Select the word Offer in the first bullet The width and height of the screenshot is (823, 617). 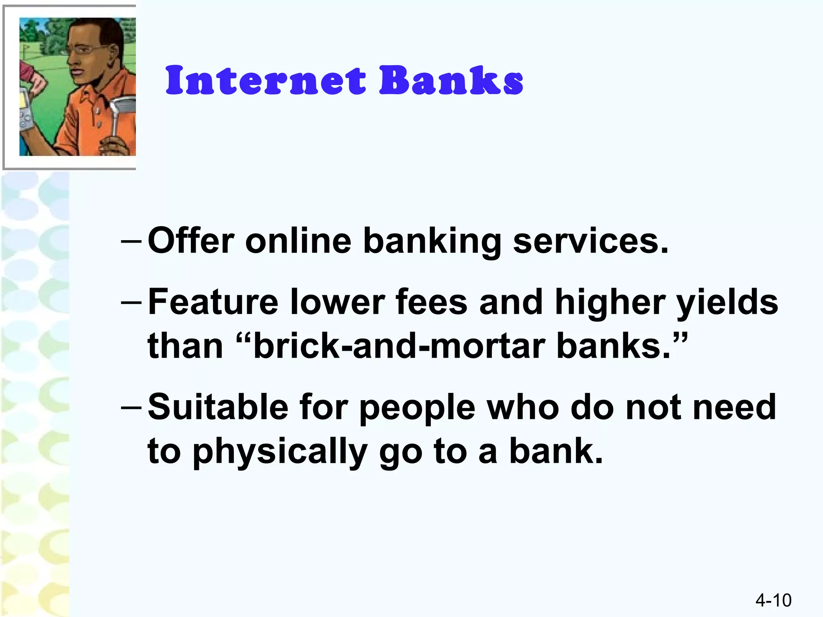pos(191,241)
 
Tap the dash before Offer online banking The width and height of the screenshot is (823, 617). pos(131,242)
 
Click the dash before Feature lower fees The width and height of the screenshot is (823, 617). pos(131,303)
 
